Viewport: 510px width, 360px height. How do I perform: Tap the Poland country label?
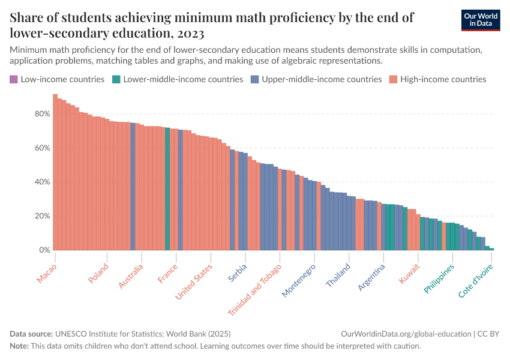click(x=98, y=274)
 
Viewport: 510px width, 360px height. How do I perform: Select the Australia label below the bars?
click(x=131, y=276)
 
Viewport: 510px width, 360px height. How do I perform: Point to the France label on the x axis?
click(x=168, y=273)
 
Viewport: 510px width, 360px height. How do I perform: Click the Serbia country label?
click(x=238, y=272)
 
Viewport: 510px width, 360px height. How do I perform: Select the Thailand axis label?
click(x=338, y=275)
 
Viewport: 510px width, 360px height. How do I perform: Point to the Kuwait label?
click(x=410, y=272)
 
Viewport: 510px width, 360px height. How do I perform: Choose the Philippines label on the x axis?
click(x=439, y=278)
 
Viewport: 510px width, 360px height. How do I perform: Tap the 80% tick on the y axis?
click(x=41, y=114)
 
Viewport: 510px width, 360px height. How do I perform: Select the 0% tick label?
click(x=44, y=250)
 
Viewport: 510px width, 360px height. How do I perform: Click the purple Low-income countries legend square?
click(x=14, y=79)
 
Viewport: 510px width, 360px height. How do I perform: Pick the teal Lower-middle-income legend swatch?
click(x=116, y=79)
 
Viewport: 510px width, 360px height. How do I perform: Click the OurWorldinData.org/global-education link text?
click(x=406, y=334)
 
